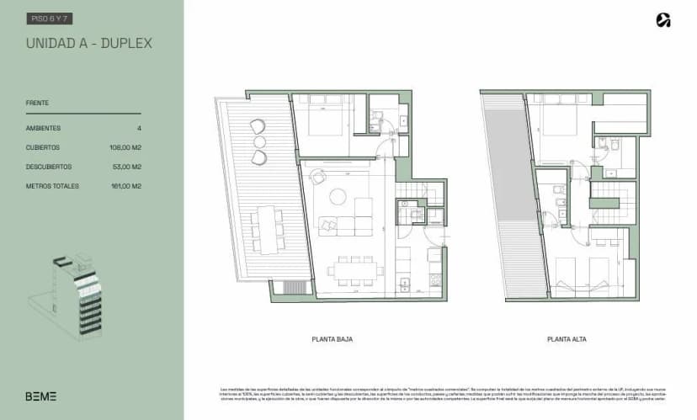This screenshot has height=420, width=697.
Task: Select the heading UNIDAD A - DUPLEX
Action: coord(88,43)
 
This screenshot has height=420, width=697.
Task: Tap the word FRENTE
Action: coord(37,104)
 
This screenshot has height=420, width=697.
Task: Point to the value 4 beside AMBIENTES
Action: coord(138,128)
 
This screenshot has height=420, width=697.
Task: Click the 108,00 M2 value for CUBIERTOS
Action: coord(125,147)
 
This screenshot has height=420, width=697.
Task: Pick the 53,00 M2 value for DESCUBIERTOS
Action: coord(126,167)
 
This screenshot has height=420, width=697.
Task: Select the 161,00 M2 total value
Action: coord(125,186)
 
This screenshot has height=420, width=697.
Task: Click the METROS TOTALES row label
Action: coord(52,186)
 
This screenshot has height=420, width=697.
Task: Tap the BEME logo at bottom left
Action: coord(40,396)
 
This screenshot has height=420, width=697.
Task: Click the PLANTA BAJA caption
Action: coord(332,339)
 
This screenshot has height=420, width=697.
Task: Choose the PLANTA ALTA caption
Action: coord(567,339)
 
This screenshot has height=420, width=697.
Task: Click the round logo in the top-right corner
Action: coord(663,20)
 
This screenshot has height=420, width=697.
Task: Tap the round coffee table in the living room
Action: coord(338,197)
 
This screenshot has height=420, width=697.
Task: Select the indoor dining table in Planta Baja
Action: coord(355,272)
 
